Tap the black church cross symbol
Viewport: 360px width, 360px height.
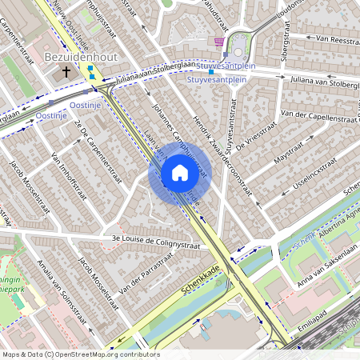(x=66, y=73)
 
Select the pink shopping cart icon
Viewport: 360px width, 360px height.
(x=219, y=42)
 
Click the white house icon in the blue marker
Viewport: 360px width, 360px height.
(x=179, y=173)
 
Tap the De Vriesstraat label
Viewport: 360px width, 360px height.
(x=263, y=126)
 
